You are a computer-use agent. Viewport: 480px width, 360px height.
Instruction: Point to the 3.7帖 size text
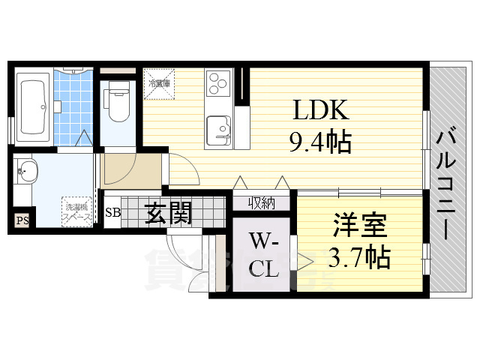coord(358,256)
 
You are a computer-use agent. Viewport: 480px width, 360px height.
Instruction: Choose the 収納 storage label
coord(262,202)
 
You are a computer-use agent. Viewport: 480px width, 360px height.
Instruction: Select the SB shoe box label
coord(112,212)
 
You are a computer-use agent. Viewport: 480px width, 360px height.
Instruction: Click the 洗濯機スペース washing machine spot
coord(77,210)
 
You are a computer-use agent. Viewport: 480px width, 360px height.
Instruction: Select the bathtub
coord(34,105)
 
